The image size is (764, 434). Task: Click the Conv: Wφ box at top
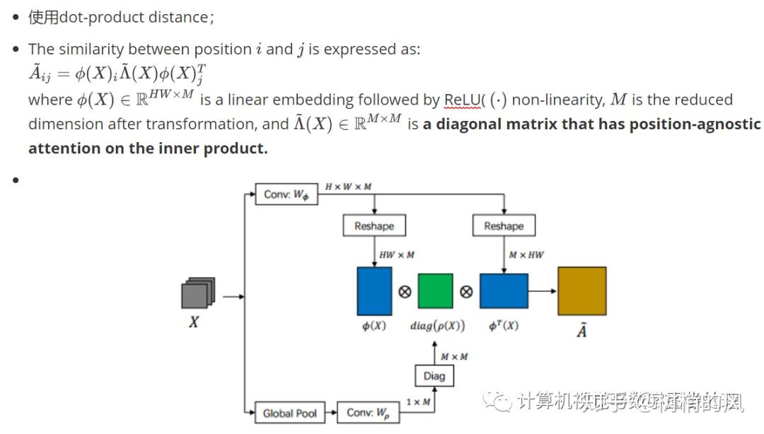click(286, 194)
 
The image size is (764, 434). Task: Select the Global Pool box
click(289, 413)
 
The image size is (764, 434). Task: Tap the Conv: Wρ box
click(368, 412)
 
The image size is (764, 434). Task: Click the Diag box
click(434, 376)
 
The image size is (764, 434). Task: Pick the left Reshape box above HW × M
click(374, 226)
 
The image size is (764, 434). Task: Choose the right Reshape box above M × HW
click(504, 226)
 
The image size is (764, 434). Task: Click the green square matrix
click(435, 291)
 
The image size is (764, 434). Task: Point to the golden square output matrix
click(581, 291)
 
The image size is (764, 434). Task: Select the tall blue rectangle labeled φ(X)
click(374, 291)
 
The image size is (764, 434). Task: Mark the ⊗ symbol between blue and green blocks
click(405, 291)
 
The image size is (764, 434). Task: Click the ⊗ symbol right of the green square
click(466, 291)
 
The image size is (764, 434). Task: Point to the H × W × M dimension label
click(348, 187)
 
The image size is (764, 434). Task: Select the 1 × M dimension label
click(417, 402)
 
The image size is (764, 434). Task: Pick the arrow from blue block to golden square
click(542, 291)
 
